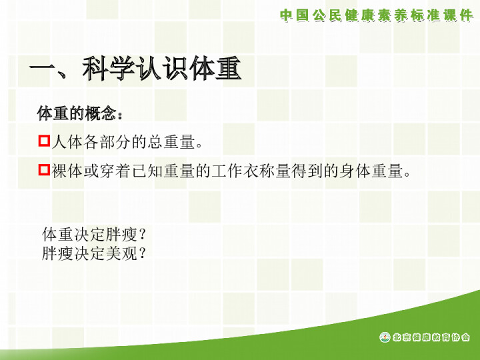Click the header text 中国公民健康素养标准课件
[x=377, y=15]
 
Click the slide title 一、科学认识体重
[x=135, y=69]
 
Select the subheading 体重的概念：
[x=80, y=113]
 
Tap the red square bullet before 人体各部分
[x=44, y=141]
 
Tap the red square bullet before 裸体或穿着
[x=44, y=169]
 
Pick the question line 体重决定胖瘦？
[x=94, y=235]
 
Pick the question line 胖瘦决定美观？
[x=94, y=253]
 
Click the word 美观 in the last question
[x=121, y=253]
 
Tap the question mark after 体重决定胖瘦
[x=142, y=235]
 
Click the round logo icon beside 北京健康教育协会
[x=385, y=337]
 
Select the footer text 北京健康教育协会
[x=431, y=337]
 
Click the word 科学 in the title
[x=109, y=69]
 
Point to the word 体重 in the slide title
[x=215, y=69]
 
